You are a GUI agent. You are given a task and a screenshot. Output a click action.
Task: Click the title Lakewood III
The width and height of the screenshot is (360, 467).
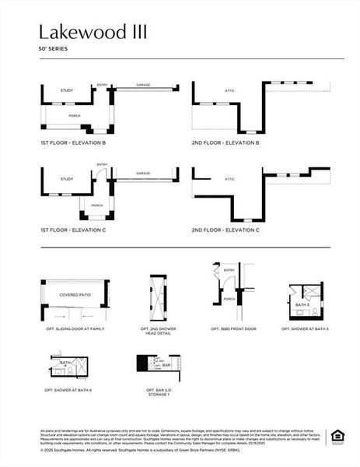pyautogui.click(x=92, y=32)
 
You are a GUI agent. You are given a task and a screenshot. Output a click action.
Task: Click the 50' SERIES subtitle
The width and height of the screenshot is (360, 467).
pyautogui.click(x=53, y=48)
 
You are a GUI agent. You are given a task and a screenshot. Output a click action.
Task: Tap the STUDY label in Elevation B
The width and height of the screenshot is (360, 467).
pyautogui.click(x=67, y=91)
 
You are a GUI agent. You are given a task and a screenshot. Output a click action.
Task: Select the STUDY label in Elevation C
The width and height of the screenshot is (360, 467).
pyautogui.click(x=67, y=179)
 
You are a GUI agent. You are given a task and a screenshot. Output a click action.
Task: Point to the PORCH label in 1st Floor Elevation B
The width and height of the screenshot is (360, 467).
pyautogui.click(x=75, y=116)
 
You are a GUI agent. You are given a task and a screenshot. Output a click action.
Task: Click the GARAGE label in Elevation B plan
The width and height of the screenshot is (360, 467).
pyautogui.click(x=143, y=85)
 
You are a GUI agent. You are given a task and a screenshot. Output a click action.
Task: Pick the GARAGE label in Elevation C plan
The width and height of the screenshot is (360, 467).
pyautogui.click(x=143, y=174)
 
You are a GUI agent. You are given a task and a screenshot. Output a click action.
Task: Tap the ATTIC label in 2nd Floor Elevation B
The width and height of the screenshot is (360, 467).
pyautogui.click(x=229, y=91)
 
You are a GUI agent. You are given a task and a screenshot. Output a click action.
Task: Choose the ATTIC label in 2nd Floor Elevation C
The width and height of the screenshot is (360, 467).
pyautogui.click(x=230, y=179)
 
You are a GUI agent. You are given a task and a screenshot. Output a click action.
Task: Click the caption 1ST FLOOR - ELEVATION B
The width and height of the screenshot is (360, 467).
pyautogui.click(x=73, y=143)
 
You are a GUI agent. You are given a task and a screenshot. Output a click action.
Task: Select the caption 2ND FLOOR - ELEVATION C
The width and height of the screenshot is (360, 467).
pyautogui.click(x=225, y=230)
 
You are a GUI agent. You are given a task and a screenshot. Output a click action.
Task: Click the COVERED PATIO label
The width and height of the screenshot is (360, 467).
pyautogui.click(x=75, y=296)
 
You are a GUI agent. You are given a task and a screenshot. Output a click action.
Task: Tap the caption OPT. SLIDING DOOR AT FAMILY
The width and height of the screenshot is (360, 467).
pyautogui.click(x=75, y=329)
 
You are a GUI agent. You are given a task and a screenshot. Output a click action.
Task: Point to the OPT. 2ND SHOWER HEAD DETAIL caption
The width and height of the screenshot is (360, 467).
pyautogui.click(x=158, y=331)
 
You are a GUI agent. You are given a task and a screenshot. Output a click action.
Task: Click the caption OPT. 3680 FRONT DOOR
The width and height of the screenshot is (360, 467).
pyautogui.click(x=232, y=329)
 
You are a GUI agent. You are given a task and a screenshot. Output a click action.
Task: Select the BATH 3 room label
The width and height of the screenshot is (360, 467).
pyautogui.click(x=302, y=305)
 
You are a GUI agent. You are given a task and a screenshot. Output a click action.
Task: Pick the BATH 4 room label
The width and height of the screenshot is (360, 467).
pyautogui.click(x=65, y=363)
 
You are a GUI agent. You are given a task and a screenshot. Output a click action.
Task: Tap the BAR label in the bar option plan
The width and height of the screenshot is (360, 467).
pyautogui.click(x=166, y=364)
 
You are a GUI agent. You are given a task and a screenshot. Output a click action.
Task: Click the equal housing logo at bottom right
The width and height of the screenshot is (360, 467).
pyautogui.click(x=337, y=435)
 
